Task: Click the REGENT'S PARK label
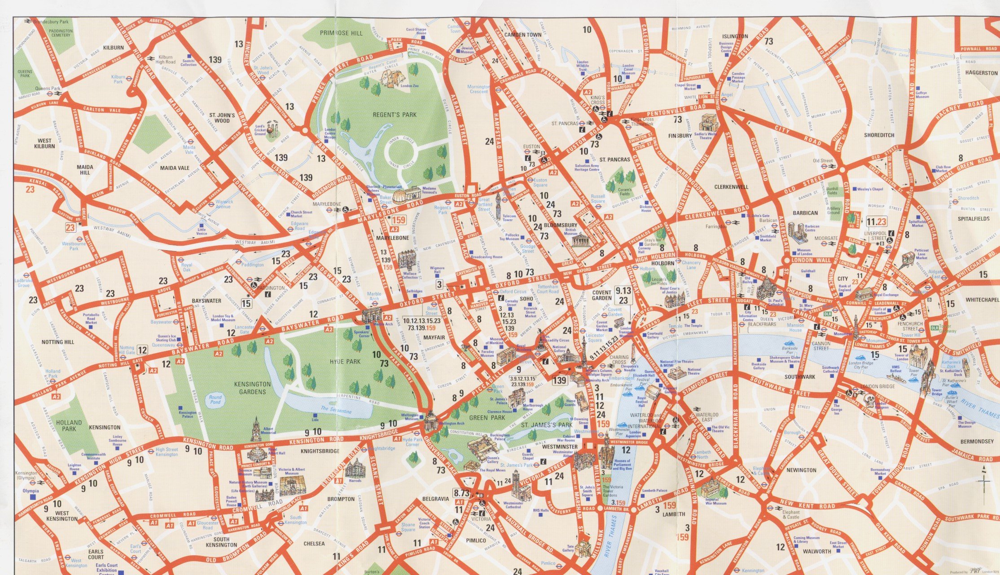pos(395,115)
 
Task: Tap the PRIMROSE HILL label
pos(342,33)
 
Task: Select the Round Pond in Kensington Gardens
pos(215,400)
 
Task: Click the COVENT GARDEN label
pos(601,295)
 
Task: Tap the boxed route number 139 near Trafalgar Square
pos(559,380)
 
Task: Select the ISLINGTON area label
pos(735,36)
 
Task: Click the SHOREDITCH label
pos(879,135)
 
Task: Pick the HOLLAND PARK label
pos(69,425)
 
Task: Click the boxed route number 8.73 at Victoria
pos(461,493)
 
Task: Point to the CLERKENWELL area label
pos(731,187)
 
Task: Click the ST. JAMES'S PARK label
pos(546,425)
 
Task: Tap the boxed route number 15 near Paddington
pos(246,304)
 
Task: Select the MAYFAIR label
pos(434,337)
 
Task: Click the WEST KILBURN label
pos(44,143)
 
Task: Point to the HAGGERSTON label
pos(981,73)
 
